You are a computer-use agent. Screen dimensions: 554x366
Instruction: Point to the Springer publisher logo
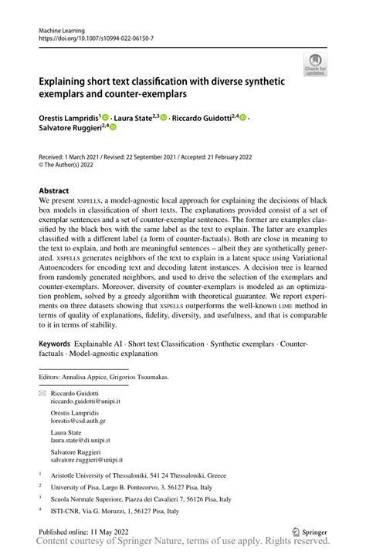tap(309, 532)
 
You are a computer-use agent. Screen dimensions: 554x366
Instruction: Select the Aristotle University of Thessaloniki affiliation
tap(141, 476)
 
